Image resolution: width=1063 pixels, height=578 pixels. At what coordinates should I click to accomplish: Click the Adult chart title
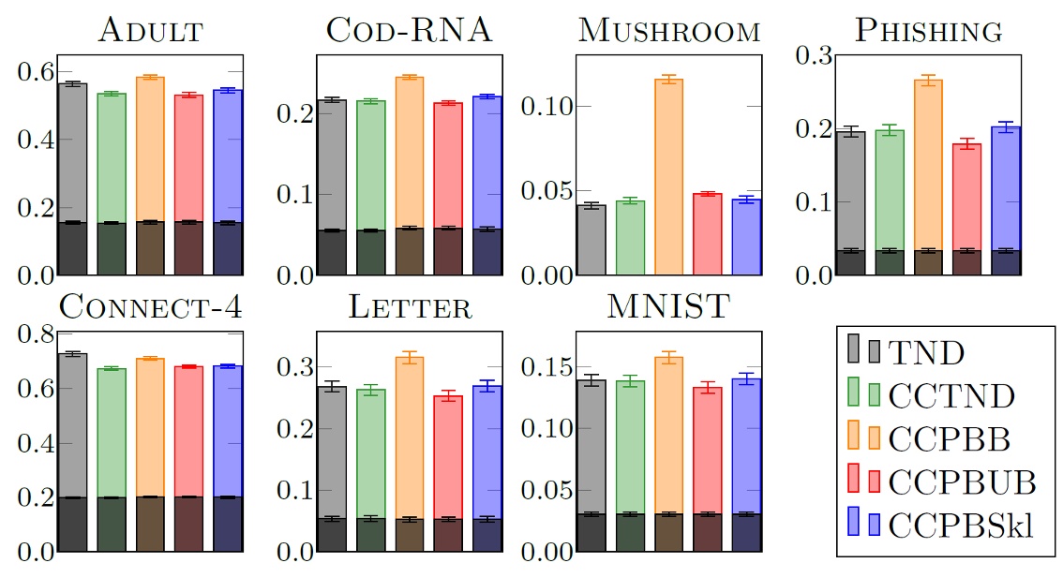[151, 31]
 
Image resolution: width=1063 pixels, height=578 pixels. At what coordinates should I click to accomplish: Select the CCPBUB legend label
[961, 482]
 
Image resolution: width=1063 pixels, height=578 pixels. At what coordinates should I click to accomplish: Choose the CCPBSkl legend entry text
[961, 526]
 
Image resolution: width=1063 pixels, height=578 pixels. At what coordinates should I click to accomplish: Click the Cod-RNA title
[409, 31]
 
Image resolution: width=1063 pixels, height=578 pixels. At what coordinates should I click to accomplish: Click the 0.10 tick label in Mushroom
[544, 106]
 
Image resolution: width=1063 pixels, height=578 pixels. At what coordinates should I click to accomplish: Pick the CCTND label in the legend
[951, 396]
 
